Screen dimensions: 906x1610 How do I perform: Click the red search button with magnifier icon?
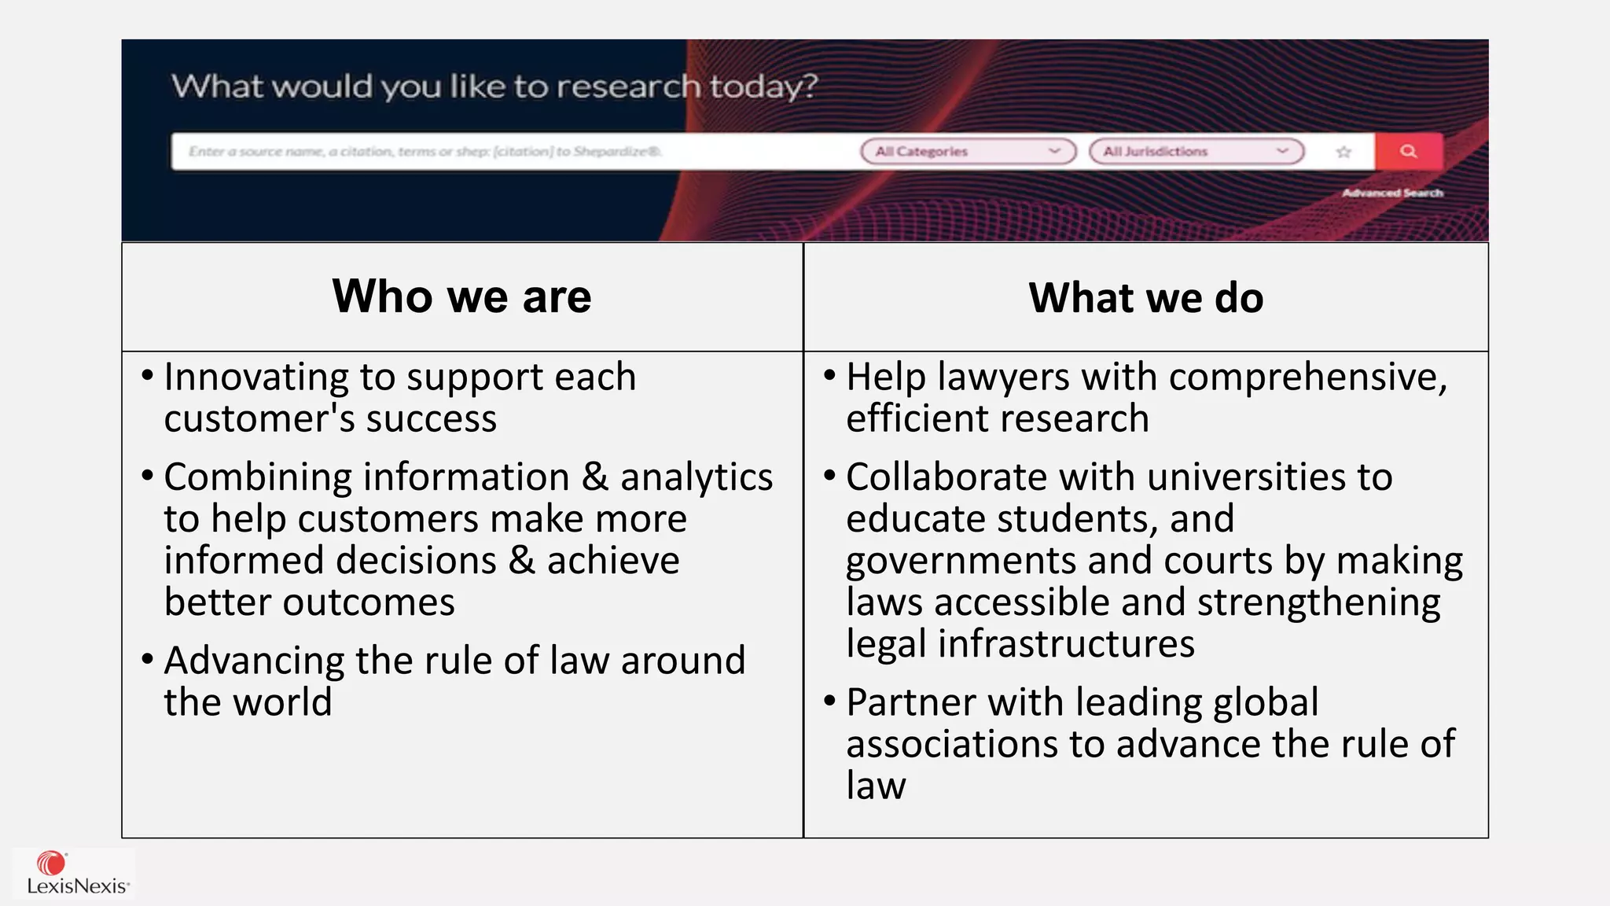click(1409, 151)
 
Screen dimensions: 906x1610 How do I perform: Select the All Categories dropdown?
click(968, 151)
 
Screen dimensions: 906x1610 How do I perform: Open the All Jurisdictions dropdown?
click(1196, 151)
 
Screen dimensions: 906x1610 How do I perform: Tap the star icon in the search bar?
click(1344, 152)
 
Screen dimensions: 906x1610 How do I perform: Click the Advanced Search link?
click(1392, 193)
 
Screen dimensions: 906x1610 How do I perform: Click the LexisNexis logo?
click(76, 874)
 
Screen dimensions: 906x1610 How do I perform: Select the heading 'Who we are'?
click(461, 296)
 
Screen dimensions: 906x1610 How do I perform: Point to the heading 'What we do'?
click(1145, 298)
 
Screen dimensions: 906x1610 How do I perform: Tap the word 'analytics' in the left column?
click(697, 477)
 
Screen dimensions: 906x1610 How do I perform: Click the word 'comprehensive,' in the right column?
click(1308, 377)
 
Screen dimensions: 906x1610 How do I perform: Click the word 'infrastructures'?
click(1066, 644)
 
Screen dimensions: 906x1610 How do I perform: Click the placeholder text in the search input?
click(425, 151)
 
